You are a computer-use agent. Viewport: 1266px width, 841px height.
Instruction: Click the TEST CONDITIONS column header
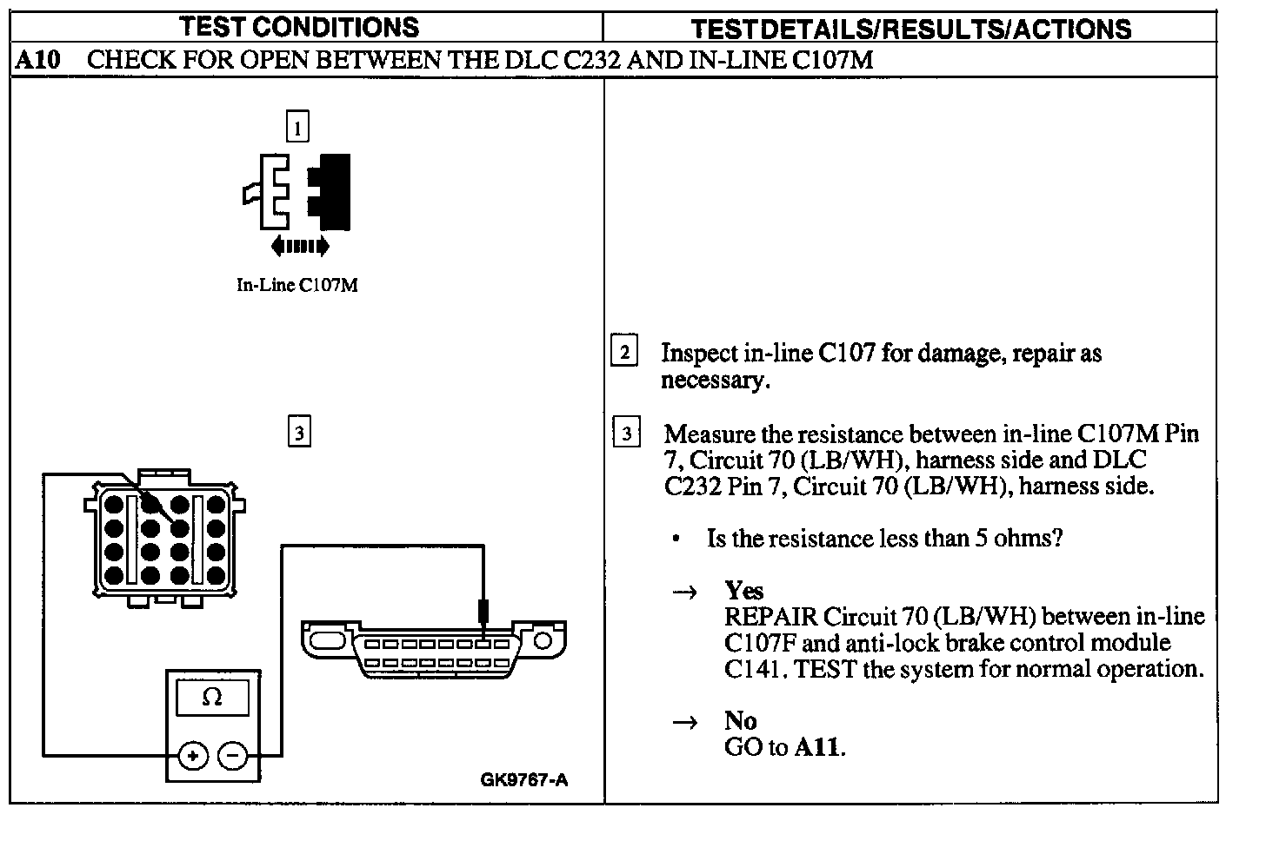point(299,27)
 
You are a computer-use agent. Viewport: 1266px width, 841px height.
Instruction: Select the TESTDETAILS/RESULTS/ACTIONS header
point(910,29)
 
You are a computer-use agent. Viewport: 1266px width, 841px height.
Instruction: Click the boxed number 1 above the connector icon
point(297,128)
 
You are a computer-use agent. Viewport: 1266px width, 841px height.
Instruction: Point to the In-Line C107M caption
point(297,285)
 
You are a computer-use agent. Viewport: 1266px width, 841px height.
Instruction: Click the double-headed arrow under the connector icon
point(299,247)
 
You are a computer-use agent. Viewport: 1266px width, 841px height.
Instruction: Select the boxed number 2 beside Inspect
point(624,351)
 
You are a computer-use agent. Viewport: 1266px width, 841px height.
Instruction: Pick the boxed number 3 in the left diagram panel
point(298,432)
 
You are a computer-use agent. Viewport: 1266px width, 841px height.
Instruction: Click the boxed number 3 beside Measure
point(626,433)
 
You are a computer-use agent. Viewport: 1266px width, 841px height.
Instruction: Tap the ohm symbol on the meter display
point(212,697)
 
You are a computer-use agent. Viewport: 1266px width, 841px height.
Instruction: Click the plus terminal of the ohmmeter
point(192,756)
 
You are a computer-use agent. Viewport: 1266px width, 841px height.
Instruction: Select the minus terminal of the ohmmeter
point(232,756)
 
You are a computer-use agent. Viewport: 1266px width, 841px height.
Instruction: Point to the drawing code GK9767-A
point(523,779)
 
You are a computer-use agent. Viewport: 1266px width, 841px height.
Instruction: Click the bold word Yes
point(743,591)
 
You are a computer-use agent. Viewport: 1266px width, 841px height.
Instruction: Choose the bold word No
point(740,720)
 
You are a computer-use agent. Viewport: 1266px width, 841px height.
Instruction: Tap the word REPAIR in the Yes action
point(770,617)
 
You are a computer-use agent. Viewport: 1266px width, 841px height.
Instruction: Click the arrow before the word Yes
point(685,593)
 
